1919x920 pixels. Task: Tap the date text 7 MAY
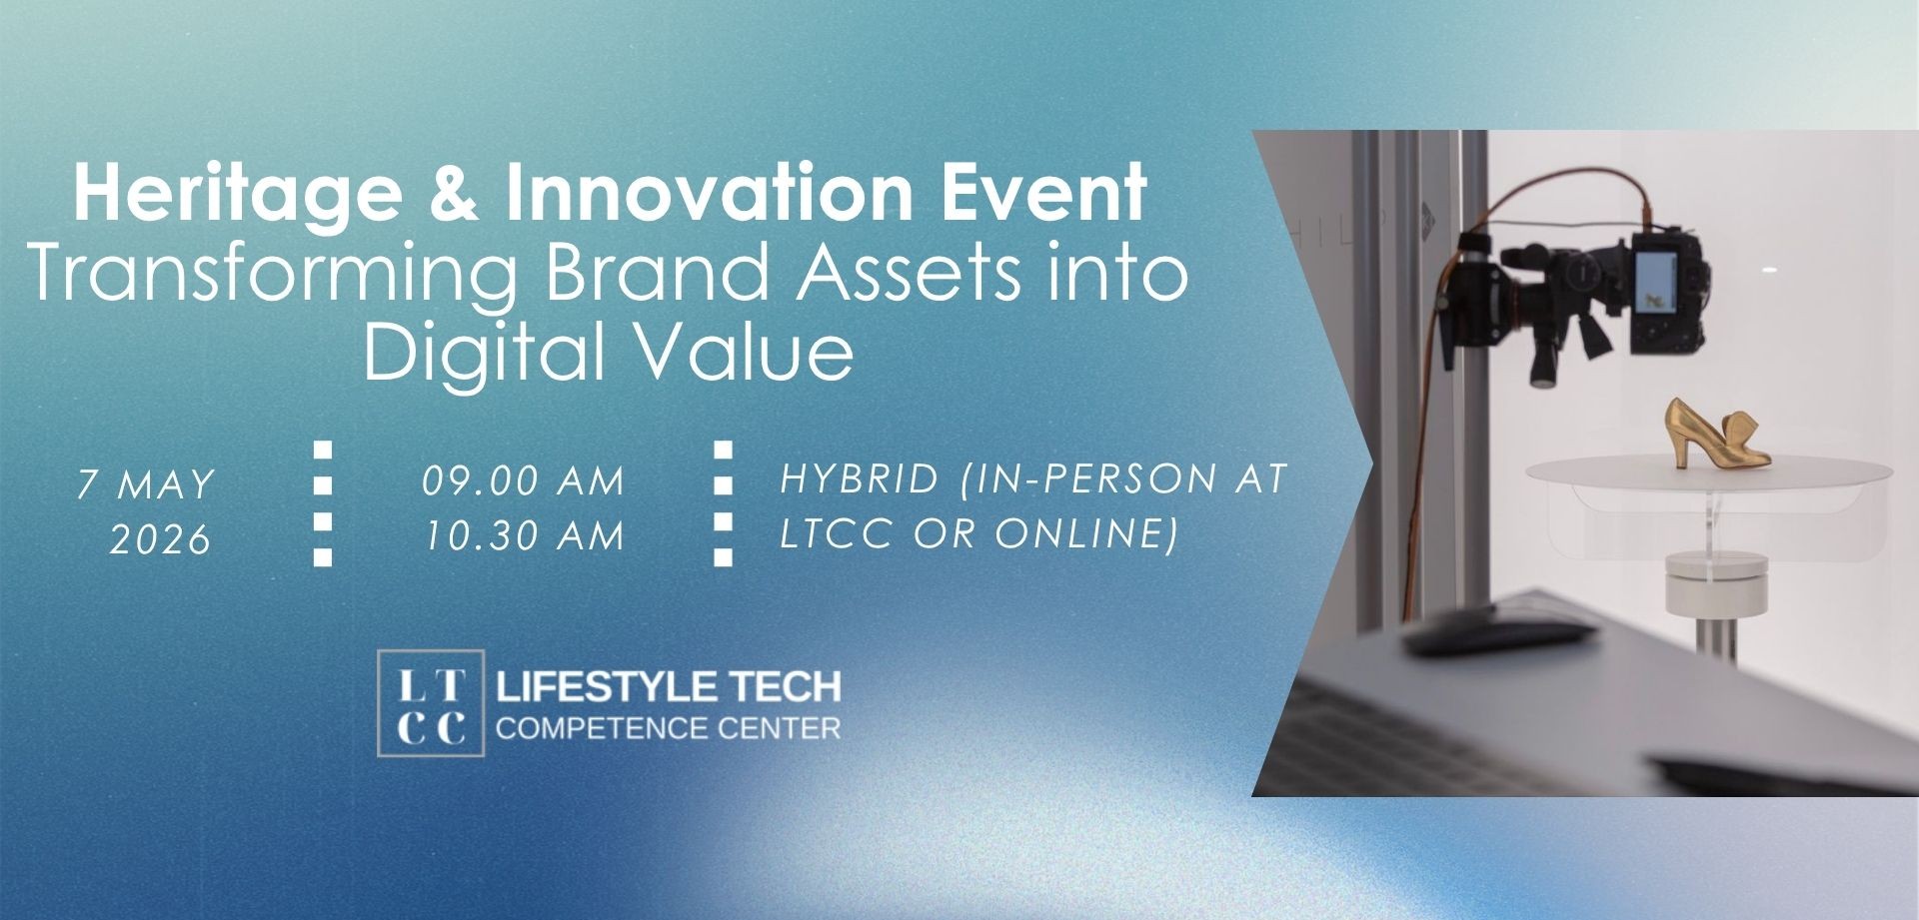[x=146, y=484]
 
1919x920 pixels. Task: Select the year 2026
[x=160, y=540]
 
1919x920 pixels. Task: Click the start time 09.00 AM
[x=524, y=481]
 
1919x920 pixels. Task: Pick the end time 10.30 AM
[x=524, y=536]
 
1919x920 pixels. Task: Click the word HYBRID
[x=861, y=479]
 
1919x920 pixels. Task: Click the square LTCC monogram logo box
[x=431, y=702]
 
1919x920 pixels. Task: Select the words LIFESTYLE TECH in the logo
[x=668, y=686]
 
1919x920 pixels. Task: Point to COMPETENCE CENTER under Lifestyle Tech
[x=668, y=728]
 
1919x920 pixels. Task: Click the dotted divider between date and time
[x=322, y=503]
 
